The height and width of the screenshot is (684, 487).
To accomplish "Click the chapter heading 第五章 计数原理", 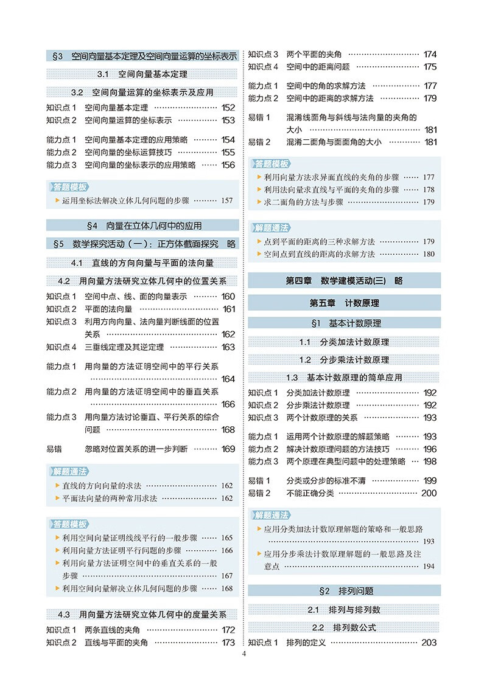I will pos(344,303).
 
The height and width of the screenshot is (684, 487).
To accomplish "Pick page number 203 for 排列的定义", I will pos(429,643).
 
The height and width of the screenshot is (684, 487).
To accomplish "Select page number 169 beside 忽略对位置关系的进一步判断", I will pos(228,449).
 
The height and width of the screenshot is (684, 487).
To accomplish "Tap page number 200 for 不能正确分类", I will pos(429,493).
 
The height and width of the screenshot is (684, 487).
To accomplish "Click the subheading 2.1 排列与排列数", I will pos(344,610).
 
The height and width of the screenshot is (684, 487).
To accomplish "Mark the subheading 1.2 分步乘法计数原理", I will pos(344,359).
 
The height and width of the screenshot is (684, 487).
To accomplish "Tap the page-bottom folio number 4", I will pos(243,655).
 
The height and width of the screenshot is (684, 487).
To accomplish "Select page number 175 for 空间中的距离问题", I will pos(430,67).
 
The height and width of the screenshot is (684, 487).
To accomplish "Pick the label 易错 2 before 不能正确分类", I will pos(259,493).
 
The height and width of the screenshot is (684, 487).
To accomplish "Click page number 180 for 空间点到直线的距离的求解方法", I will pos(429,254).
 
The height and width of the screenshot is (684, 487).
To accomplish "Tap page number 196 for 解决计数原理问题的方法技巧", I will pos(430,449).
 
